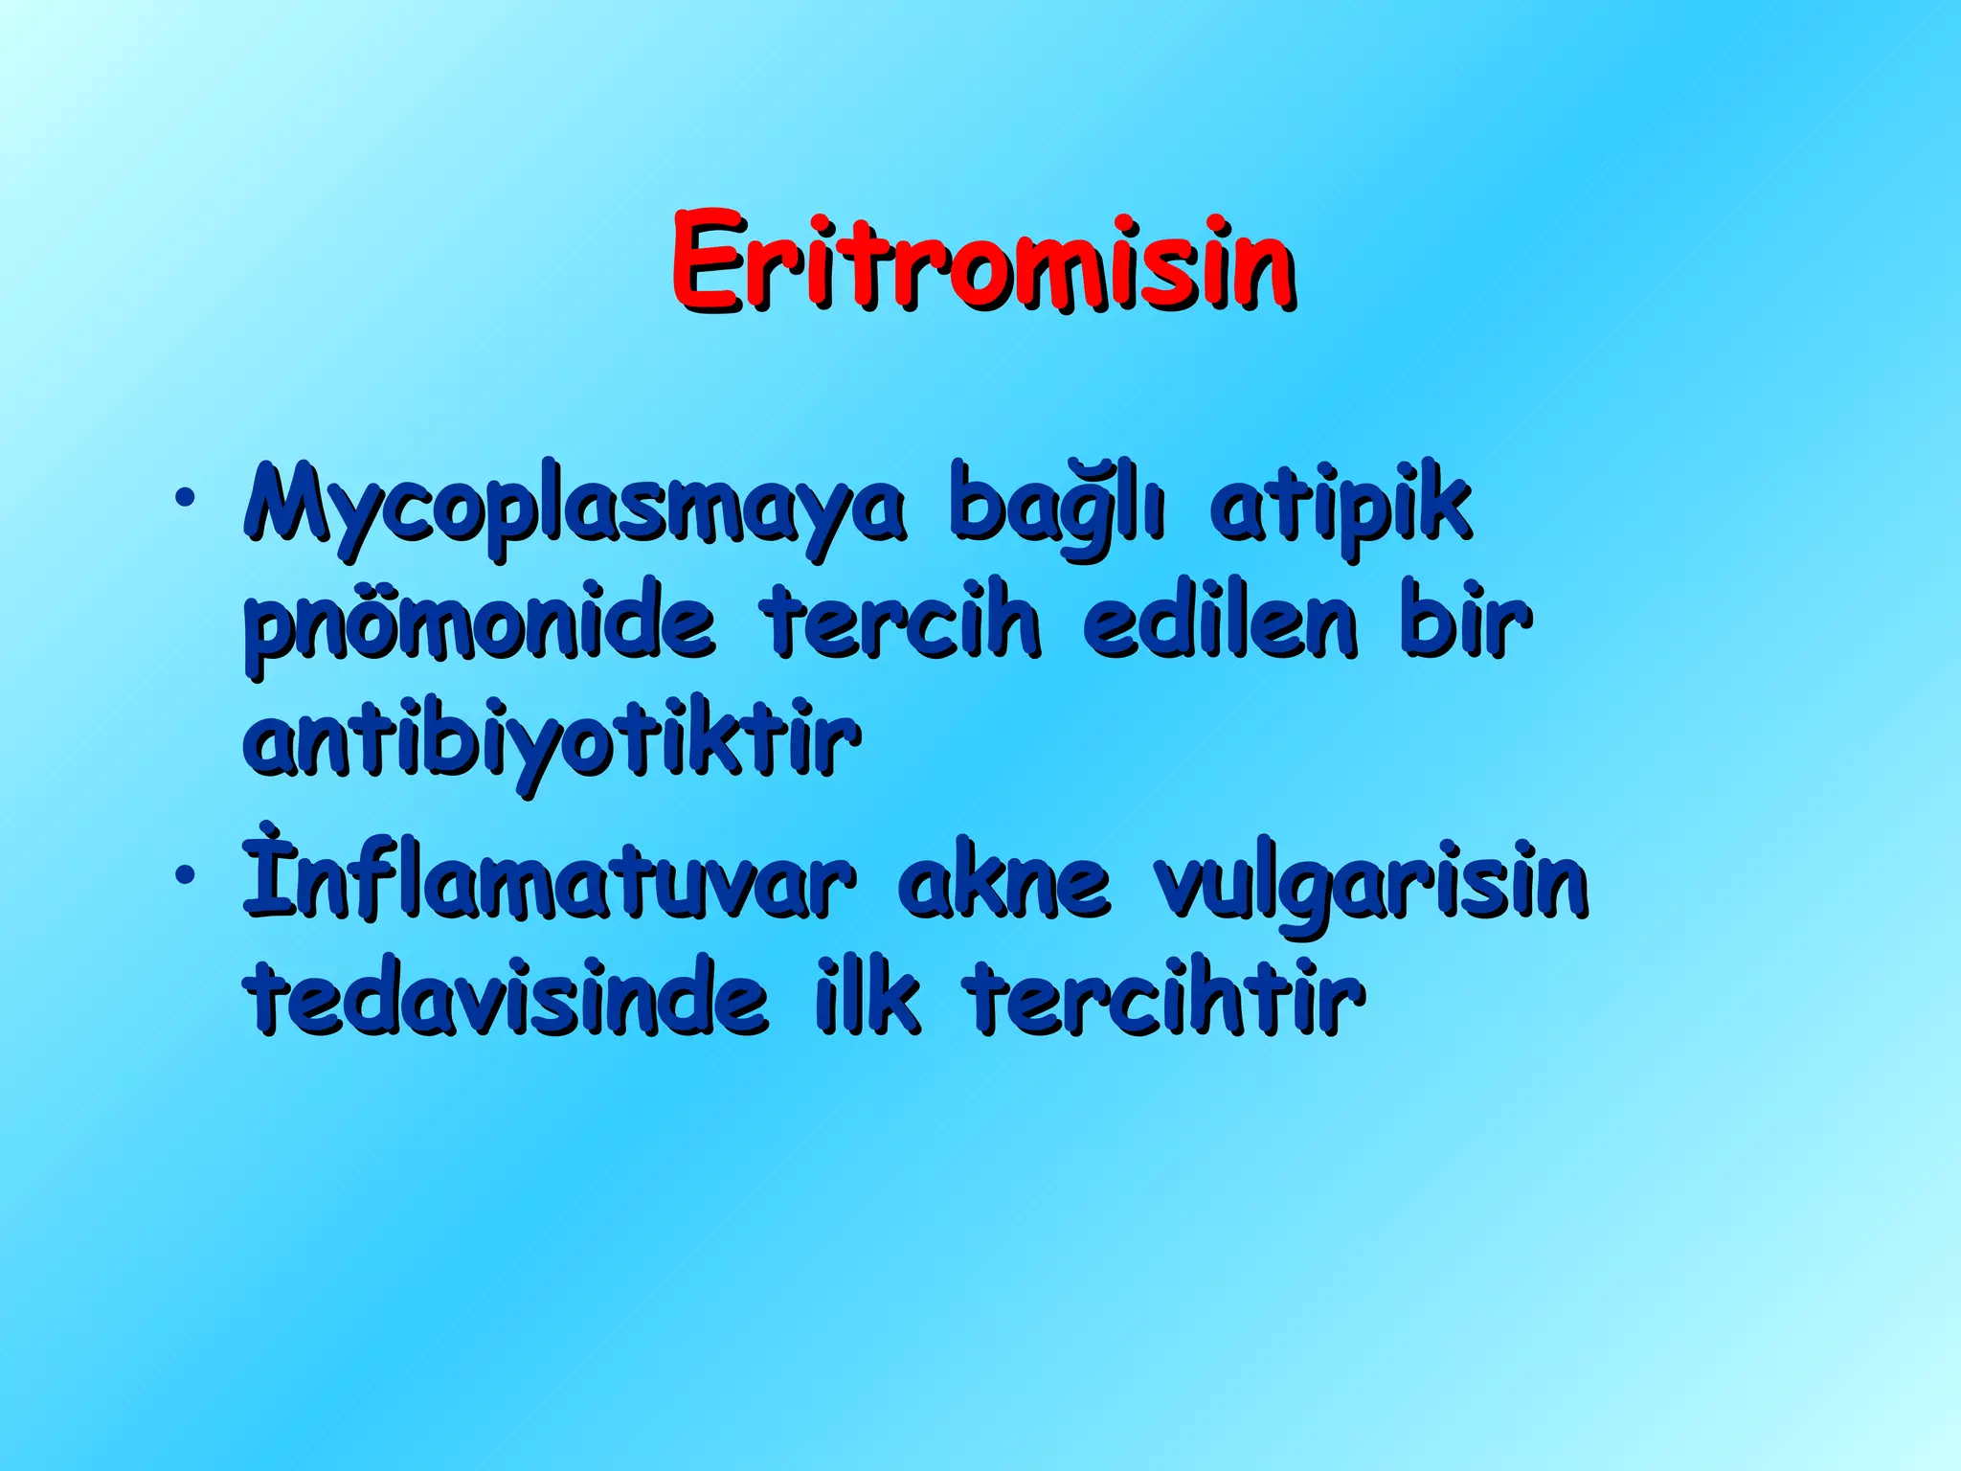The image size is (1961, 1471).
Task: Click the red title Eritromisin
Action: point(982,260)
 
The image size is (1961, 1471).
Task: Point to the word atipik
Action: point(1341,509)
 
